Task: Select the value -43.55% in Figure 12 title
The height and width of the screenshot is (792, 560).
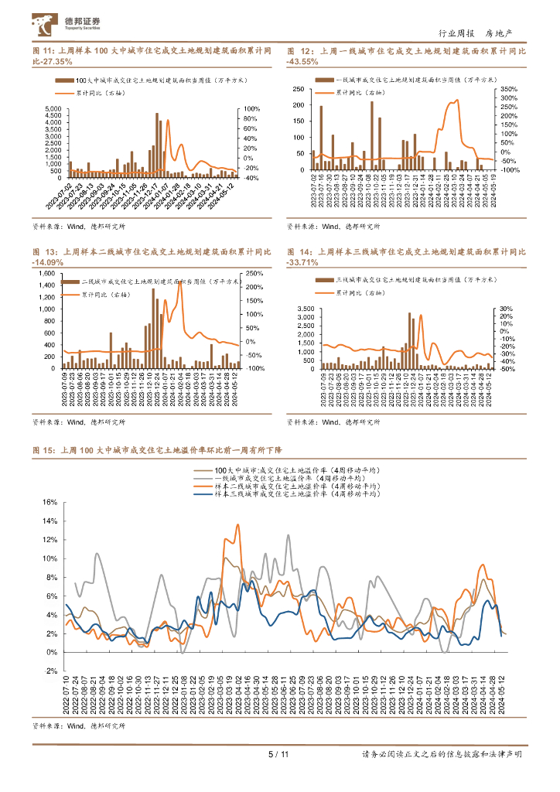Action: click(302, 61)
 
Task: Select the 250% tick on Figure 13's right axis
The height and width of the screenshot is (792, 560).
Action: click(252, 274)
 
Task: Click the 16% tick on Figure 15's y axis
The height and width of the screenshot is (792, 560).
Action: click(49, 502)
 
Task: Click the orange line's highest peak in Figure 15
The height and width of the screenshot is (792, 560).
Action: click(237, 525)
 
